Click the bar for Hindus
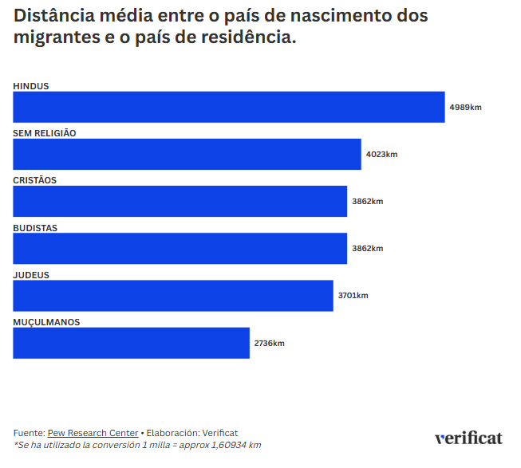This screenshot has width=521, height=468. [228, 107]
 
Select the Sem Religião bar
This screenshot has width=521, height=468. [187, 154]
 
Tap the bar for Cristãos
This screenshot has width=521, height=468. [180, 202]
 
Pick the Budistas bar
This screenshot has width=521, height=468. [180, 248]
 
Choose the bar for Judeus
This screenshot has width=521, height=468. [172, 295]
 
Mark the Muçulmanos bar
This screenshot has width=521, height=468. [131, 343]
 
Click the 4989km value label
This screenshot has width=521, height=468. [465, 107]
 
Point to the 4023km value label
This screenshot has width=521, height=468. [381, 154]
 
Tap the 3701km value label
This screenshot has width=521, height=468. [353, 295]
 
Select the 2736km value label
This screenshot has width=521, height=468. [269, 343]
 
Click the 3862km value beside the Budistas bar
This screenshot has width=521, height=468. [367, 248]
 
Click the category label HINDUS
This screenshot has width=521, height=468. [31, 86]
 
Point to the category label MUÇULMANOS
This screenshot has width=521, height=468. [46, 322]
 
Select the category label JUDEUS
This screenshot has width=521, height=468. [31, 275]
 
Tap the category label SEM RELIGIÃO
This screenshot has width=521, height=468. [45, 133]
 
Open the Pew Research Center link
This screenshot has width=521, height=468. [93, 433]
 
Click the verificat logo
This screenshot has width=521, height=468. [468, 438]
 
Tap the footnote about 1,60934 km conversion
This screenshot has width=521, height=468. [137, 445]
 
